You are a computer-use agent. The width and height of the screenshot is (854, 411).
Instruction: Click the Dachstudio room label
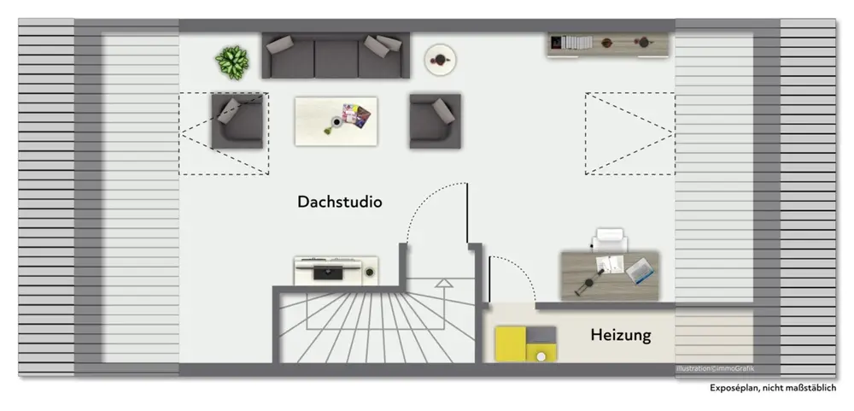point(339,203)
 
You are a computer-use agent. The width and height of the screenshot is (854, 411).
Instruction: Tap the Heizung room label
point(620,335)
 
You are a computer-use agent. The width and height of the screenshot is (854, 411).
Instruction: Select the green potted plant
point(231,62)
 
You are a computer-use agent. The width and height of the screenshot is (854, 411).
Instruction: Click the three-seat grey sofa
point(336,56)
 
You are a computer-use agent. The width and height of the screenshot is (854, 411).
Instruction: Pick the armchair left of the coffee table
point(237,120)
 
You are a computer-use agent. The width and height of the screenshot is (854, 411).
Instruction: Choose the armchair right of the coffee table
point(435,120)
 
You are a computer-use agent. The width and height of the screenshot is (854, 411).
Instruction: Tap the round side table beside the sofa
point(440,59)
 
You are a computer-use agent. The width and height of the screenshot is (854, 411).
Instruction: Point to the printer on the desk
point(611,239)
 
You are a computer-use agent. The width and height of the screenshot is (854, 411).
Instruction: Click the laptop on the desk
point(640,271)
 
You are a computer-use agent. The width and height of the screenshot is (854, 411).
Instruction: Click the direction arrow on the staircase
point(443,284)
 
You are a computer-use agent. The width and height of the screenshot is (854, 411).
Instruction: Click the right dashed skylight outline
point(629,133)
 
